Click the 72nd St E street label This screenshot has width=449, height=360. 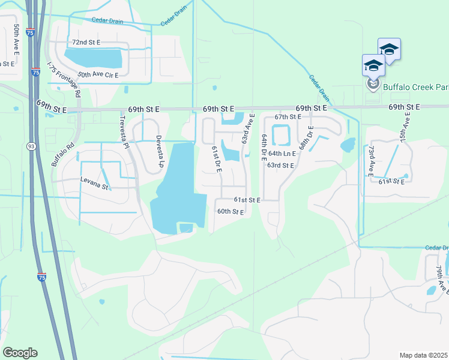pyautogui.click(x=86, y=43)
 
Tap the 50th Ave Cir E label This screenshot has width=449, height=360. pyautogui.click(x=98, y=74)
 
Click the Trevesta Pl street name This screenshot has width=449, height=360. pyautogui.click(x=126, y=137)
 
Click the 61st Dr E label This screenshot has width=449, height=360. pyautogui.click(x=216, y=160)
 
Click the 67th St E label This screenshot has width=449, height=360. pyautogui.click(x=288, y=117)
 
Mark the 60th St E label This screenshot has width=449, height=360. pyautogui.click(x=231, y=212)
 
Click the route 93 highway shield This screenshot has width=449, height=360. pyautogui.click(x=31, y=146)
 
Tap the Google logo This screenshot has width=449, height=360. pyautogui.click(x=20, y=353)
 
